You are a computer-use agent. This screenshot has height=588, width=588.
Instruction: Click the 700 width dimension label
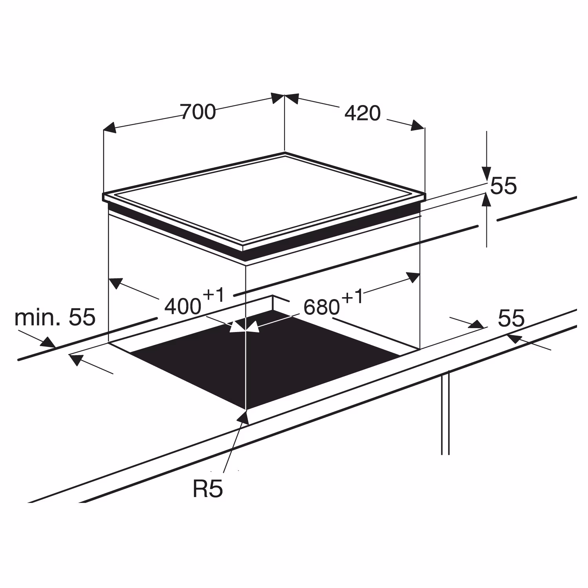point(198,112)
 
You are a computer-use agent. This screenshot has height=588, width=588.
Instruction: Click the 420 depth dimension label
point(363,113)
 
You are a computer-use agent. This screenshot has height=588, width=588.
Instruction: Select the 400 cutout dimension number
point(183,307)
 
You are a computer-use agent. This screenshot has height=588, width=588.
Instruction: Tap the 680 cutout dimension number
point(321,307)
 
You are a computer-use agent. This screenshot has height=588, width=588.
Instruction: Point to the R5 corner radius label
point(208,489)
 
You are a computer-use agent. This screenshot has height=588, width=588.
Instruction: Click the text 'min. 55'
point(55,317)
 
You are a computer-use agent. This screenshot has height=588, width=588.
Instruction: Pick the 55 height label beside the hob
point(504,186)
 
